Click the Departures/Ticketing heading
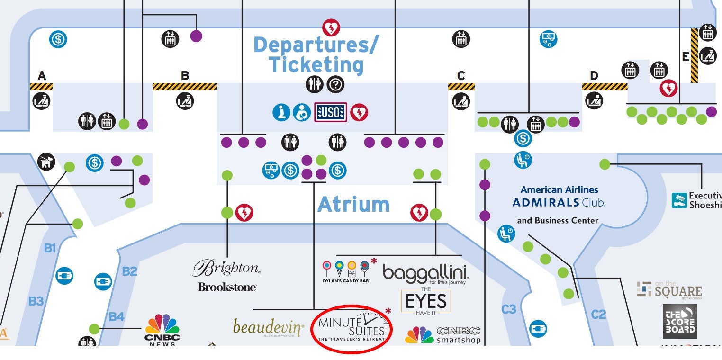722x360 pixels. pos(316,55)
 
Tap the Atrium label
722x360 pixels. pos(353,205)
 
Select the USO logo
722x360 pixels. pos(331,112)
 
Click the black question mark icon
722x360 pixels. pos(336,85)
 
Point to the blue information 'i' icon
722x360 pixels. pos(281,112)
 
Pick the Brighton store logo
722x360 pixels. pos(226,268)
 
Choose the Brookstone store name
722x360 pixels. pos(227,287)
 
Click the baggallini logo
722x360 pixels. pos(425,274)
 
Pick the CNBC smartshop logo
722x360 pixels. pos(443,334)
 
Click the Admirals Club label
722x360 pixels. pos(559,202)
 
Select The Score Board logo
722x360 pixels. pos(680,322)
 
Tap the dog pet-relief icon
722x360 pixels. pos(46,162)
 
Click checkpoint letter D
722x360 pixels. pos(594,76)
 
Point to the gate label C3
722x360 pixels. pos(508,309)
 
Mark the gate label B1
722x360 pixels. pos(50,247)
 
